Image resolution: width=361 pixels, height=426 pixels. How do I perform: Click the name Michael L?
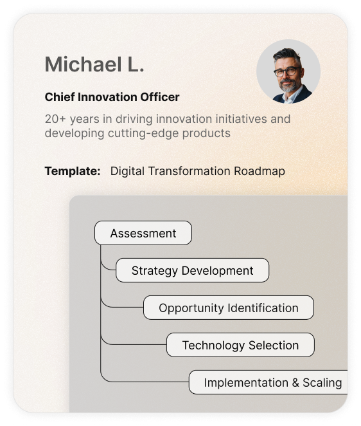(x=94, y=64)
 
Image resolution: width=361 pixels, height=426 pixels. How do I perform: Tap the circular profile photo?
(x=288, y=71)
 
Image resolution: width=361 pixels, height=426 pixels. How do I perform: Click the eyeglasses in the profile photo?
(x=287, y=71)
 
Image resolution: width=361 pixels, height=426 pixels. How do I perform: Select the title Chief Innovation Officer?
(x=112, y=97)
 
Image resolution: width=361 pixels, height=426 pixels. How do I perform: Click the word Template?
(x=73, y=171)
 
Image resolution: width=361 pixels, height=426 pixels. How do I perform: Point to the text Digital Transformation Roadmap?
(x=198, y=171)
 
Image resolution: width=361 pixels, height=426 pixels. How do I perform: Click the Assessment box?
(x=143, y=233)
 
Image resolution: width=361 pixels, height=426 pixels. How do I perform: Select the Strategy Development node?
(x=192, y=270)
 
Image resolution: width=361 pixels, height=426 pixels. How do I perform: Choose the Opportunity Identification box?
(x=229, y=308)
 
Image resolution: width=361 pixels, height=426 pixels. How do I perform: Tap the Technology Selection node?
(x=241, y=345)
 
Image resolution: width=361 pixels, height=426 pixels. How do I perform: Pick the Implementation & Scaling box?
(x=269, y=382)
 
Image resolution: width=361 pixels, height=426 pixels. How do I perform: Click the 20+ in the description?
(x=55, y=119)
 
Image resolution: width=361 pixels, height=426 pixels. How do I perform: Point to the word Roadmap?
(x=260, y=171)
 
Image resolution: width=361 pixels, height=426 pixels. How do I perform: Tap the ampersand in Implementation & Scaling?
(x=295, y=382)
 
